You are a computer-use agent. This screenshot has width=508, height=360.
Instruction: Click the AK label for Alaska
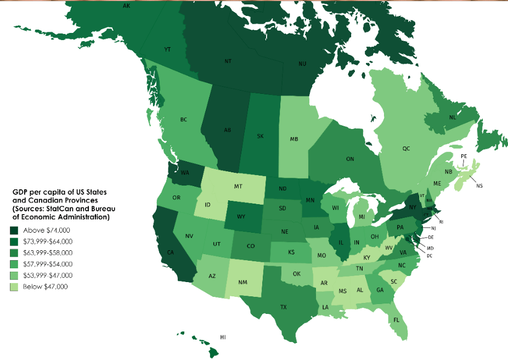coord(127,5)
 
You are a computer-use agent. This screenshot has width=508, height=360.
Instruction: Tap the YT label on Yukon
coord(167,49)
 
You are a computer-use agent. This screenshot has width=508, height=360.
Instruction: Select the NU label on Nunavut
coord(302,64)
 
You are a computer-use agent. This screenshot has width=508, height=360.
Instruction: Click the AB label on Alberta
coord(227,130)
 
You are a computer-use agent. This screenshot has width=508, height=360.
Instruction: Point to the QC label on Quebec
coord(406,148)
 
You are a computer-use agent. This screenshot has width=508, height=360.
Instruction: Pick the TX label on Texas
coord(284,307)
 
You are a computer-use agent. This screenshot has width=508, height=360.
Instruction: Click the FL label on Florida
coord(396,319)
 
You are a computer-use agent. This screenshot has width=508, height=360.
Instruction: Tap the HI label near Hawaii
coord(223,336)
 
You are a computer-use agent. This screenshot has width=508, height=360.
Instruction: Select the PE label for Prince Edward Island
coord(464,156)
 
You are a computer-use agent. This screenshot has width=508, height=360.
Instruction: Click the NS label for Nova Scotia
coord(479,186)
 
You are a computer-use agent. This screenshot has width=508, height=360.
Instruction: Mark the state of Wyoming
coord(241,216)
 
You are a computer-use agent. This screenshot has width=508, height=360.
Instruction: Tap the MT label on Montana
coord(238,187)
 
